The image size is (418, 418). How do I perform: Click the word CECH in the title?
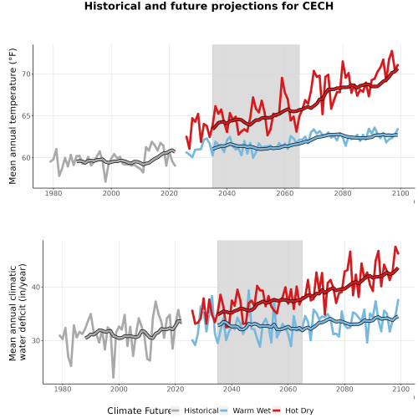pyautogui.click(x=318, y=6)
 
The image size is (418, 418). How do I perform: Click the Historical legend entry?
pyautogui.click(x=195, y=410)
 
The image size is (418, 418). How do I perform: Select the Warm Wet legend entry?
pyautogui.click(x=245, y=410)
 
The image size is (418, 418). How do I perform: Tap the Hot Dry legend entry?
pyautogui.click(x=293, y=410)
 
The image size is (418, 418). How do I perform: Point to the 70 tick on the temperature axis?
pyautogui.click(x=26, y=74)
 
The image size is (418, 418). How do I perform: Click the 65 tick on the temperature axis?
pyautogui.click(x=26, y=116)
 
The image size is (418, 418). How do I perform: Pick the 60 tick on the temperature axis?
pyautogui.click(x=26, y=158)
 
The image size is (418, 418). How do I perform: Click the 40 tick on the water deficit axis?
pyautogui.click(x=36, y=287)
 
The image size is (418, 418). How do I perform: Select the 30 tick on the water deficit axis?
pyautogui.click(x=36, y=340)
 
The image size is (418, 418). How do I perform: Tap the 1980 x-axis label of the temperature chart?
pyautogui.click(x=54, y=193)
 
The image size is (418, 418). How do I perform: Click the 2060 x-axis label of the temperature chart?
pyautogui.click(x=285, y=193)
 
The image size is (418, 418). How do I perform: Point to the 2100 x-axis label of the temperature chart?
pyautogui.click(x=400, y=193)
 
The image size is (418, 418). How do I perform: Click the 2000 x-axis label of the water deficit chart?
pyautogui.click(x=119, y=389)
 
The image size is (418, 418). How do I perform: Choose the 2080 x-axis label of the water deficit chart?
pyautogui.click(x=344, y=389)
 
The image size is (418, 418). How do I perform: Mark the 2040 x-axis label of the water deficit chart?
pyautogui.click(x=232, y=389)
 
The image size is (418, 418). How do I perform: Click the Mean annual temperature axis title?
pyautogui.click(x=13, y=116)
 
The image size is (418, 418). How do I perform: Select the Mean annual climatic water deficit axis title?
pyautogui.click(x=18, y=312)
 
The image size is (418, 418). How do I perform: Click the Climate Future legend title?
pyautogui.click(x=139, y=410)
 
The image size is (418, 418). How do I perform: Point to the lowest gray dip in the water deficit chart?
pyautogui.click(x=114, y=377)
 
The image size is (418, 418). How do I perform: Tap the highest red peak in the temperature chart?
pyautogui.click(x=392, y=51)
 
